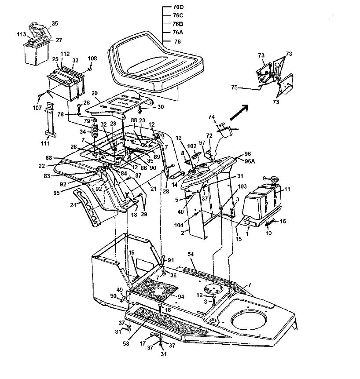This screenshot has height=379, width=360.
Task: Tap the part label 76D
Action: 178,7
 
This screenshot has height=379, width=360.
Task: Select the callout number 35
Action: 55,24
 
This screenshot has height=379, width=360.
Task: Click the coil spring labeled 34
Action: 95,131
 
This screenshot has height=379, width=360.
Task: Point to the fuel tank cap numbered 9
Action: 274,180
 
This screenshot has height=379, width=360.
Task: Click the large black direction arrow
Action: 239,112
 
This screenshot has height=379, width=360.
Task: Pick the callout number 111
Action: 45,143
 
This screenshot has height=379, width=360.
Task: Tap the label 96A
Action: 250,161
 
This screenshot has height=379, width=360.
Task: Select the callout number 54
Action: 191,254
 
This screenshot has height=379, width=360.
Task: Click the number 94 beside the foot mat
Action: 181,297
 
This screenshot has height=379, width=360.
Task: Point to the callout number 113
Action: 22,34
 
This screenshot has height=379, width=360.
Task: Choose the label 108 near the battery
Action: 92,58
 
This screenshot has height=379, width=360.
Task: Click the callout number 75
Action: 235,87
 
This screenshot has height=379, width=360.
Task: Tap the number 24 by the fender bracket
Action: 73,205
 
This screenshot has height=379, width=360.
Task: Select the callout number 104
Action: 179,225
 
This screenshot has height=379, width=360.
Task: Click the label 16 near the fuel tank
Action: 283,221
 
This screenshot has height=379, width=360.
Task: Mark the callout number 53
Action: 126,343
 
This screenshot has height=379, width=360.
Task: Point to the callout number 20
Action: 94,93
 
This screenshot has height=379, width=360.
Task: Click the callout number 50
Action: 113,296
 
